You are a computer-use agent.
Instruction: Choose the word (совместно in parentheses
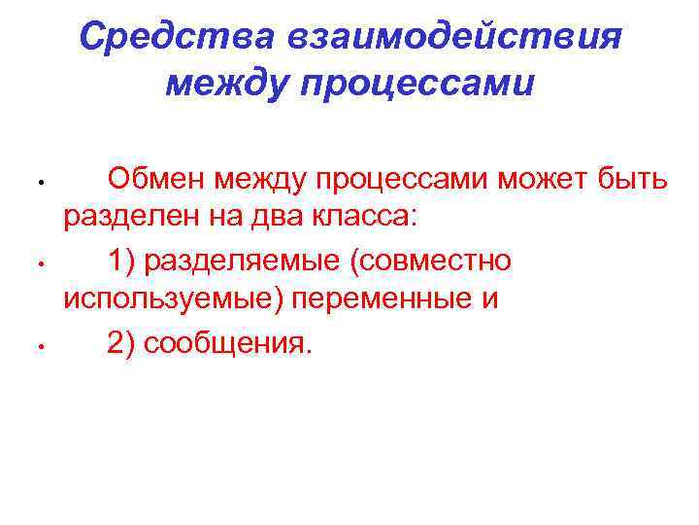[436, 261]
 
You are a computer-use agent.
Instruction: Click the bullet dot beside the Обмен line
[32, 182]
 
